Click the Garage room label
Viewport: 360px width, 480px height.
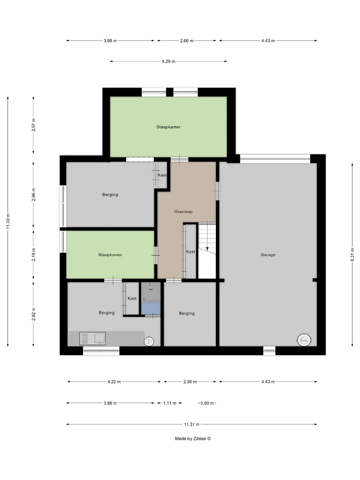coord(268,255)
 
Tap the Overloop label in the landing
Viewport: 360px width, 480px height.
coord(184,212)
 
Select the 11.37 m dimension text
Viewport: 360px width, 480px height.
coord(192,424)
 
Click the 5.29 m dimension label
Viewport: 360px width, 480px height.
coord(169,61)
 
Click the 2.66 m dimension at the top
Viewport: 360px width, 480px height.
coord(187,40)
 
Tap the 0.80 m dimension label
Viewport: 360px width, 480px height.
coord(207,403)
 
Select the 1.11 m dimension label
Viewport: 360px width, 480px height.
coord(170,403)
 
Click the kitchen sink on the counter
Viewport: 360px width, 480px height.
coord(92,339)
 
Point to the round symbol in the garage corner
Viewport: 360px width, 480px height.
coord(304,340)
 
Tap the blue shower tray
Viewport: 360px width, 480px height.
coord(151,308)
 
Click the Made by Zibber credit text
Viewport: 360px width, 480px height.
coord(193,438)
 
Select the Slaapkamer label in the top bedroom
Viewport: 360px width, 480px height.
coord(168,127)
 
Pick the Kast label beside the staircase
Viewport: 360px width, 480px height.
coord(190,252)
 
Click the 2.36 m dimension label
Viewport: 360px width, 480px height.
coord(190,381)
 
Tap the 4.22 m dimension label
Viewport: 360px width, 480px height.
coord(114,381)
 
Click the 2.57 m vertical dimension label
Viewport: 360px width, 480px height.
coord(34,125)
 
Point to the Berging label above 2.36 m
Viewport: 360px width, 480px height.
coord(187,313)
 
